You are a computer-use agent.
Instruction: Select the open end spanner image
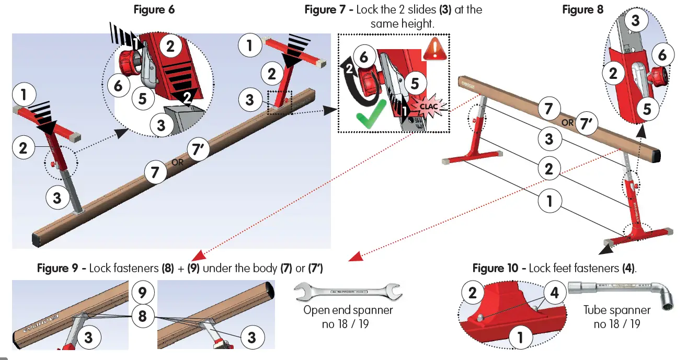(x=348, y=292)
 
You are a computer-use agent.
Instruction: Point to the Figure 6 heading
(x=154, y=9)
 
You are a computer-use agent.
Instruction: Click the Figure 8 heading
(x=582, y=9)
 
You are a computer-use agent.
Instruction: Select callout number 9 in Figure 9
(x=143, y=292)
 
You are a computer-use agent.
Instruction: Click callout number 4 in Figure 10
(x=555, y=293)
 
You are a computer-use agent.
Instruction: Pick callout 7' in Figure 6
(x=197, y=150)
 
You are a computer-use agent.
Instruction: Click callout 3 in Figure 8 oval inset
(x=635, y=21)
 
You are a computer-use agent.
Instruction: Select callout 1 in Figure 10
(x=520, y=338)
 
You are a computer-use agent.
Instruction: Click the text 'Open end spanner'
(x=348, y=310)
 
